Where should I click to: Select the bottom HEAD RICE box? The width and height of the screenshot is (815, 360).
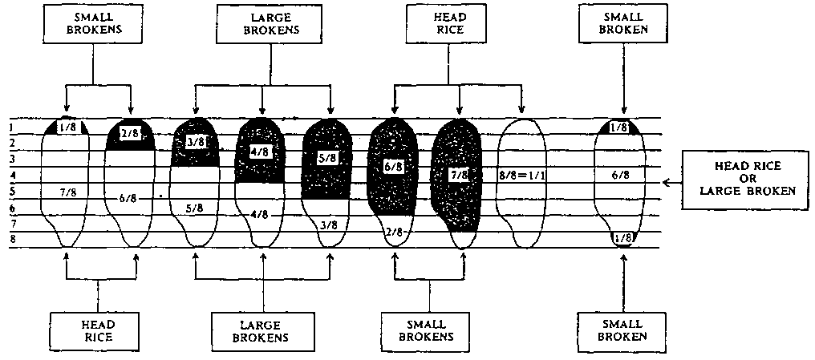coord(97,331)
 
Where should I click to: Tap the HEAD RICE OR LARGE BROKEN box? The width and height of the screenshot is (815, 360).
coord(742,182)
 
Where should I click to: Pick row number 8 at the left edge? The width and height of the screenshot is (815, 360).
coord(12,240)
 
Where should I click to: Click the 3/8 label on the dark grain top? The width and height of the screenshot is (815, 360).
coord(195,142)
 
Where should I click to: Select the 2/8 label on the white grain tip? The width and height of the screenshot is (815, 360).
coord(393,233)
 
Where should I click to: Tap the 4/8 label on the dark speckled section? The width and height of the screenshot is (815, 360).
coord(259,151)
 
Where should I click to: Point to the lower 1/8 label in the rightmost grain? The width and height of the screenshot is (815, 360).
coord(622,239)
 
